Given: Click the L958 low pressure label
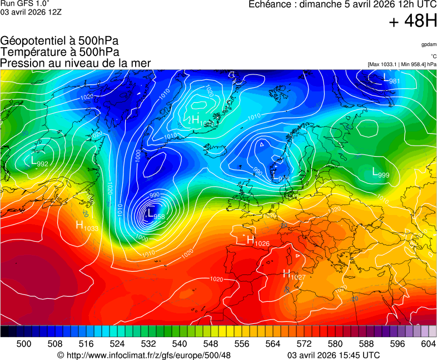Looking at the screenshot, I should click(155, 214).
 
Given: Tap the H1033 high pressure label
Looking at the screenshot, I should click(87, 226).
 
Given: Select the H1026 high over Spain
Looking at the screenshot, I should click(257, 241).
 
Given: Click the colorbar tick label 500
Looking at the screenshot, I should click(24, 344).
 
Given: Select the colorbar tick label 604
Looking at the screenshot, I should click(428, 344).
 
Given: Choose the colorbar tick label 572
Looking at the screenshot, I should click(304, 344).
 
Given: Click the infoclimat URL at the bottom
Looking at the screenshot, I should click(144, 355).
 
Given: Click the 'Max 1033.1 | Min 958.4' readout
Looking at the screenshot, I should click(402, 64).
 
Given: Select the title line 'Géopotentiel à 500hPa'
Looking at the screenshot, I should click(59, 41).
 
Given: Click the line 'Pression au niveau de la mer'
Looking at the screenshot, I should click(76, 63).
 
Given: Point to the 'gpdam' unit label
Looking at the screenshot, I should click(428, 44).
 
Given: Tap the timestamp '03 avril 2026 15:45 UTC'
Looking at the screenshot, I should click(334, 355).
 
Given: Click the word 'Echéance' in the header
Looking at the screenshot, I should click(271, 4).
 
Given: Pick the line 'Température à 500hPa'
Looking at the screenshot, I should click(59, 52).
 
